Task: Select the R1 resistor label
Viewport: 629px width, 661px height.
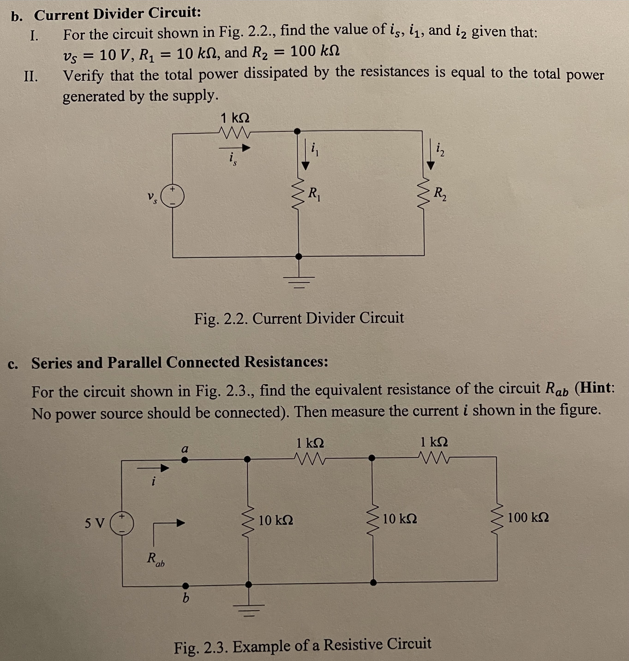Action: tap(314, 194)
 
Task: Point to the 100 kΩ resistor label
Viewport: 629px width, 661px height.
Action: tap(528, 517)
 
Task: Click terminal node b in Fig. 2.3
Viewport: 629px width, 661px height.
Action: tap(185, 586)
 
